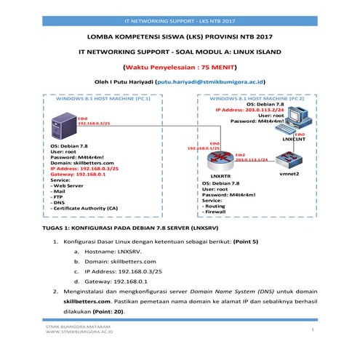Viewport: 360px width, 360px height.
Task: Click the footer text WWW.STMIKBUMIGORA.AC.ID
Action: pyautogui.click(x=79, y=340)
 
